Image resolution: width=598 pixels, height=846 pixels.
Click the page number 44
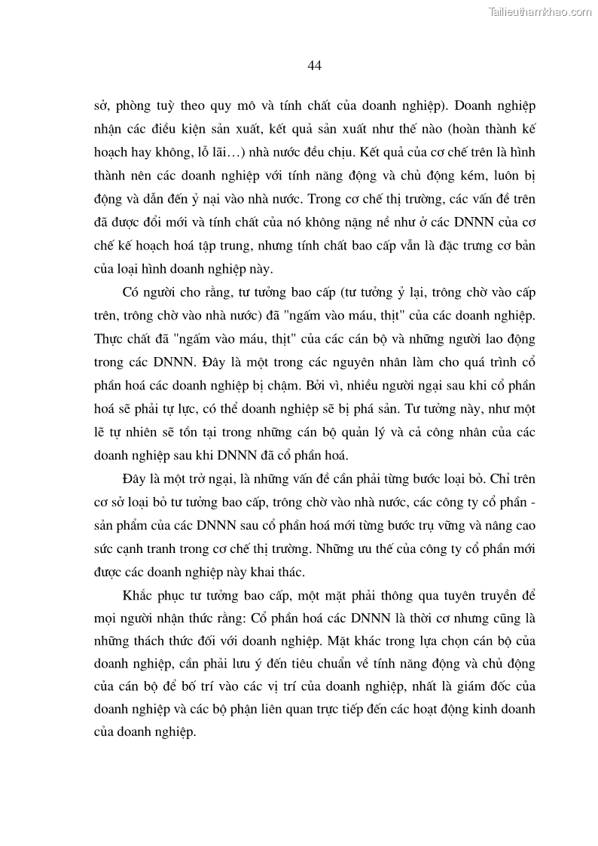pos(315,66)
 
